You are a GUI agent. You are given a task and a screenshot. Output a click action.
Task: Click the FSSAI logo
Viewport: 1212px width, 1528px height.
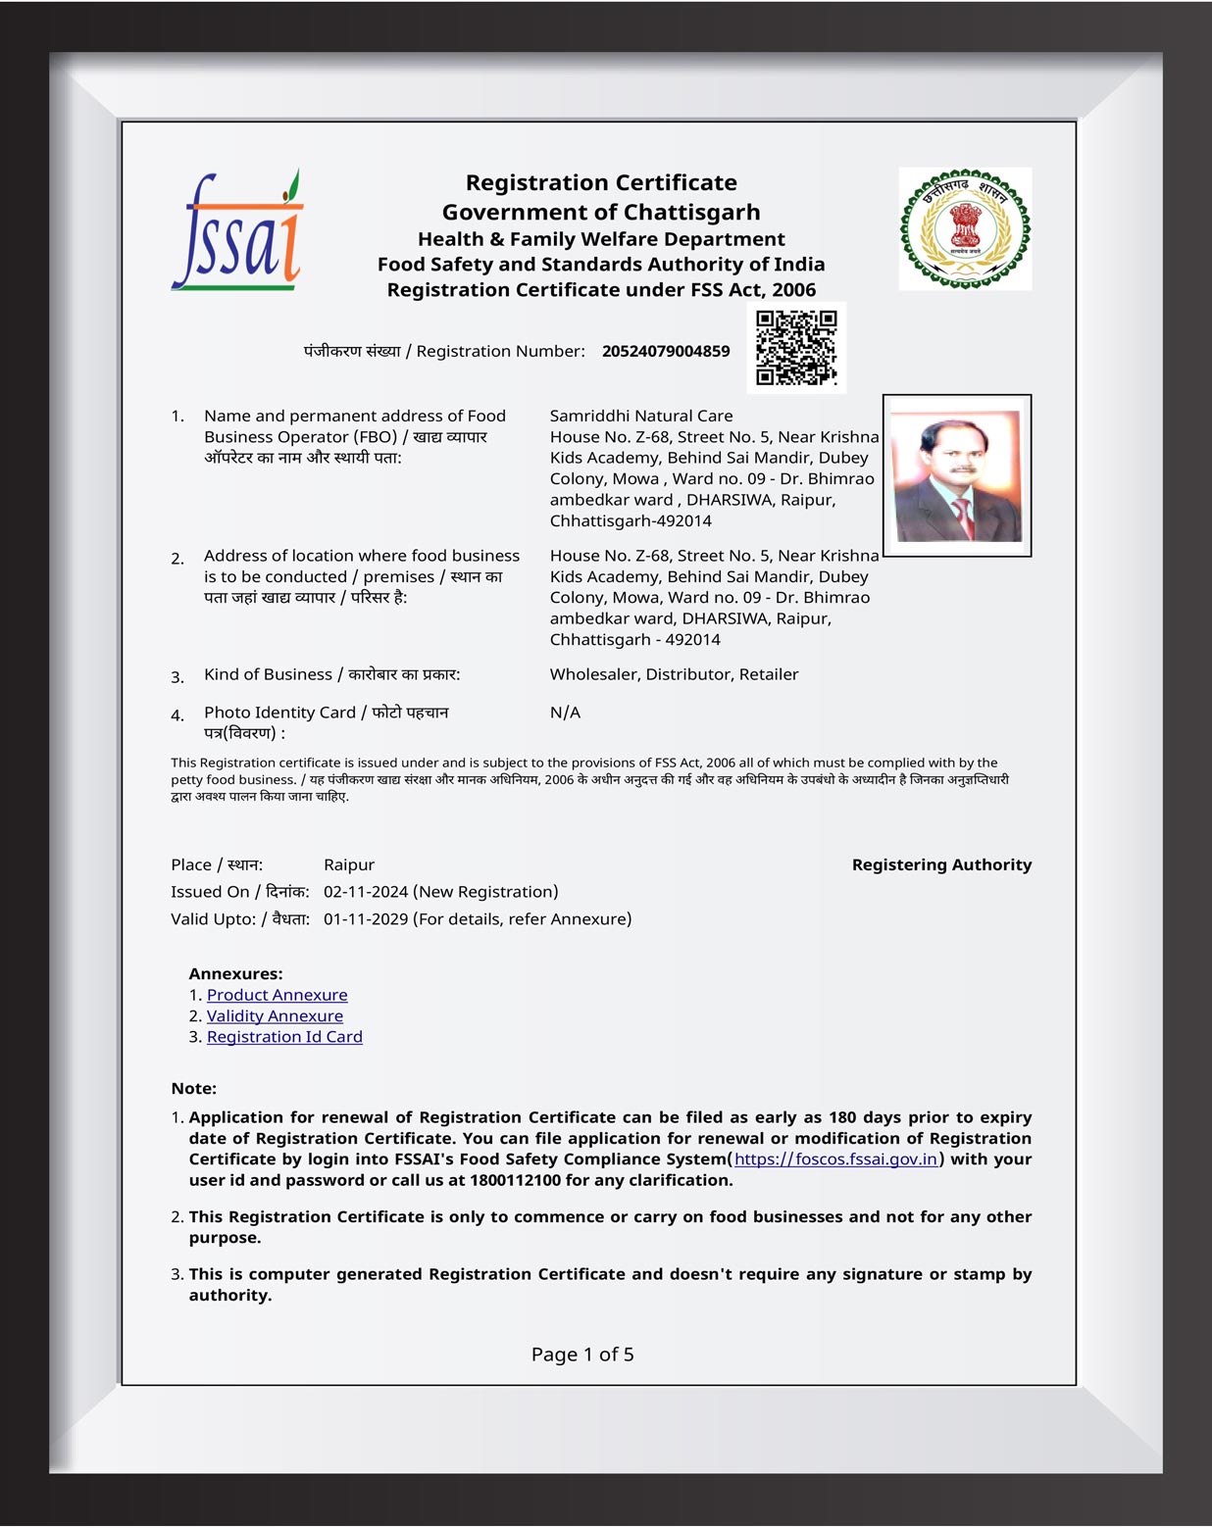[x=237, y=231]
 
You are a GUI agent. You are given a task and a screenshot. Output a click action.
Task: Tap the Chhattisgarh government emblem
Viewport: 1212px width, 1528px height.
[x=965, y=228]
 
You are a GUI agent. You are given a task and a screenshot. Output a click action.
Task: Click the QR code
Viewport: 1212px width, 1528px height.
[x=796, y=348]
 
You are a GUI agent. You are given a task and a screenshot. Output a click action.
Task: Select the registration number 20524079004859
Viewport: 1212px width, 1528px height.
[x=666, y=351]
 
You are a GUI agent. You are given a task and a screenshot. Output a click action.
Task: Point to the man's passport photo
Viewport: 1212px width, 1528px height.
[x=957, y=476]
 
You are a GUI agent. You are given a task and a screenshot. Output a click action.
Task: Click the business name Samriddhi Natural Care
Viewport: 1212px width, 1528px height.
[x=641, y=416]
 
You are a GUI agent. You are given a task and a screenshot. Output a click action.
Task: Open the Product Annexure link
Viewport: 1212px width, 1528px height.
[x=277, y=995]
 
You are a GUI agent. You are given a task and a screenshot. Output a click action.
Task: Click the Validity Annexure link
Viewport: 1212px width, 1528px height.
[x=275, y=1016]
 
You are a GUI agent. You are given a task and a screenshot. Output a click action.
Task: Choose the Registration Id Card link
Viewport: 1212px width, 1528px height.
[x=284, y=1037]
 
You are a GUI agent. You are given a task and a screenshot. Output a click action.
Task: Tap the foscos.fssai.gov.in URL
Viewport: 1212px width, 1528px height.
[x=835, y=1159]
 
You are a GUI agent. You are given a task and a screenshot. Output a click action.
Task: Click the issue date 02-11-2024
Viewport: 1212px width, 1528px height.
[x=366, y=892]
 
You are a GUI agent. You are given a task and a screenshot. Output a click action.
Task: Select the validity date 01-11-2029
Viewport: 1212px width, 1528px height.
[x=366, y=919]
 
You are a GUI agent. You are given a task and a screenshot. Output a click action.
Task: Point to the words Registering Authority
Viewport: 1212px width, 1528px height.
[x=941, y=864]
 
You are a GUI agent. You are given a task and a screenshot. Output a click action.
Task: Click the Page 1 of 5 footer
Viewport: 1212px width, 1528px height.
[x=582, y=1355]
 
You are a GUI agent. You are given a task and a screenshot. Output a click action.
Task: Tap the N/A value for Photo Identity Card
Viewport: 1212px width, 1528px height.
[x=565, y=713]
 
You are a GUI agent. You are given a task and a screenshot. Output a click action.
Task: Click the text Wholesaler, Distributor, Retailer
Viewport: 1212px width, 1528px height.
[x=674, y=674]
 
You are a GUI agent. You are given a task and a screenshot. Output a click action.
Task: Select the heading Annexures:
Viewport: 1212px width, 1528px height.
[x=235, y=973]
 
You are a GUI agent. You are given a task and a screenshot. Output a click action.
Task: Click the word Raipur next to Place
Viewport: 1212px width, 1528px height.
[x=349, y=864]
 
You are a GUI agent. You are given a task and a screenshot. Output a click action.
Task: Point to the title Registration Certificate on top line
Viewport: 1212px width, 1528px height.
[x=601, y=182]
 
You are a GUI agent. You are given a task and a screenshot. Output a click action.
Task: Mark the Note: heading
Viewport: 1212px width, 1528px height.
[x=193, y=1088]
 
